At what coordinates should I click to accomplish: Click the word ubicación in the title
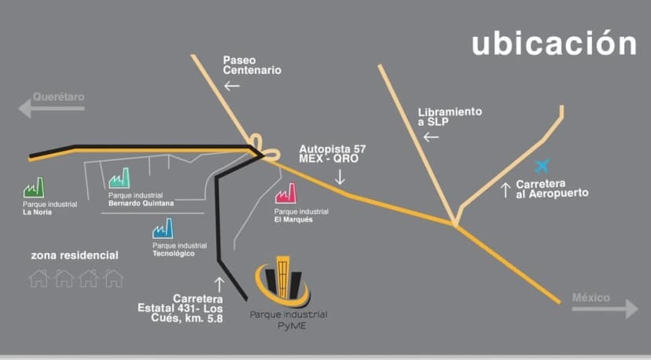554,44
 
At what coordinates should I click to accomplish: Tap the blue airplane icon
542,166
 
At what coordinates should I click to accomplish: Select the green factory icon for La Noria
35,188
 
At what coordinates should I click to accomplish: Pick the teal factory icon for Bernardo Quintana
119,178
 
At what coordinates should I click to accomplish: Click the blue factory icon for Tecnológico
163,229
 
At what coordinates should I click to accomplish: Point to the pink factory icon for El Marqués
285,193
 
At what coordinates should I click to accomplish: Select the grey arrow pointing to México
605,308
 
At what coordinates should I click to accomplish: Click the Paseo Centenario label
251,64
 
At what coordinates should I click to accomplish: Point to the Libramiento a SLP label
449,117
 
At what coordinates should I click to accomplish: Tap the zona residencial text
75,255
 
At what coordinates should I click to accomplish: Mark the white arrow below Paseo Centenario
231,86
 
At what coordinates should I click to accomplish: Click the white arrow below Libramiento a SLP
431,137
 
